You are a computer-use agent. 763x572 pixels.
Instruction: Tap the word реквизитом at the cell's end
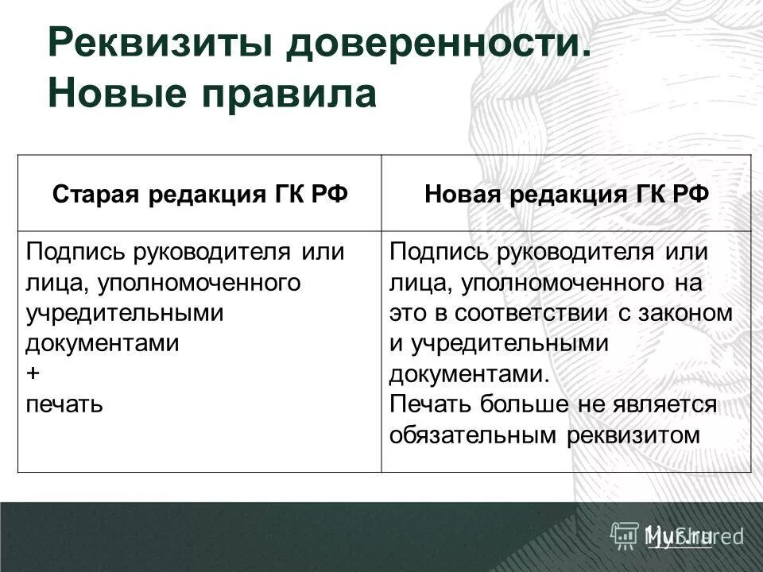[645, 435]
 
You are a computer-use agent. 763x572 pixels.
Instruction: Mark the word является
[665, 404]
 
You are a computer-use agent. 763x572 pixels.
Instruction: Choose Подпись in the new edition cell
[435, 253]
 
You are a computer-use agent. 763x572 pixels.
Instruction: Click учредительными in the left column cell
[125, 313]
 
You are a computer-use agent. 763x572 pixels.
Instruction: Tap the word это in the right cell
[408, 313]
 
